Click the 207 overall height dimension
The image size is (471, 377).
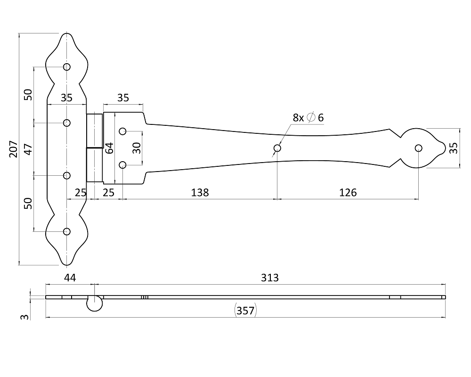pos(13,149)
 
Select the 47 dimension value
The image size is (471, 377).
pos(28,149)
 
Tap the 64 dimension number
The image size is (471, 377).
pos(109,148)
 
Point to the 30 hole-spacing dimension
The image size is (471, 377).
pos(136,148)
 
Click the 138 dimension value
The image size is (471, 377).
pos(200,192)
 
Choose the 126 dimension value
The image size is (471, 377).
pos(348,192)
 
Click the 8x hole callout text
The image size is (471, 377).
pos(299,118)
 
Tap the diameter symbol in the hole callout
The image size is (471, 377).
pos(311,118)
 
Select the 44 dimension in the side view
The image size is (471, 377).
pos(70,278)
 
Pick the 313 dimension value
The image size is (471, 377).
pos(270,278)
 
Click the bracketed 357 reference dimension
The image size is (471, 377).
pos(245,311)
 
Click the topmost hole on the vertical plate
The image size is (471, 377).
pos(67,67)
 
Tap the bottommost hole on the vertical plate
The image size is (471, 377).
pos(67,231)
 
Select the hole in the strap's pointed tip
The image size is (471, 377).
pos(419,148)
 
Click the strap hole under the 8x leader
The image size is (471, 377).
pos(277,148)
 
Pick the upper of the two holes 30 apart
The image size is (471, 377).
pos(123,131)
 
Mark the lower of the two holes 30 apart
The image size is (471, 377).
pos(123,165)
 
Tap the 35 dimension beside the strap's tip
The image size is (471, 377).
pos(453,148)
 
